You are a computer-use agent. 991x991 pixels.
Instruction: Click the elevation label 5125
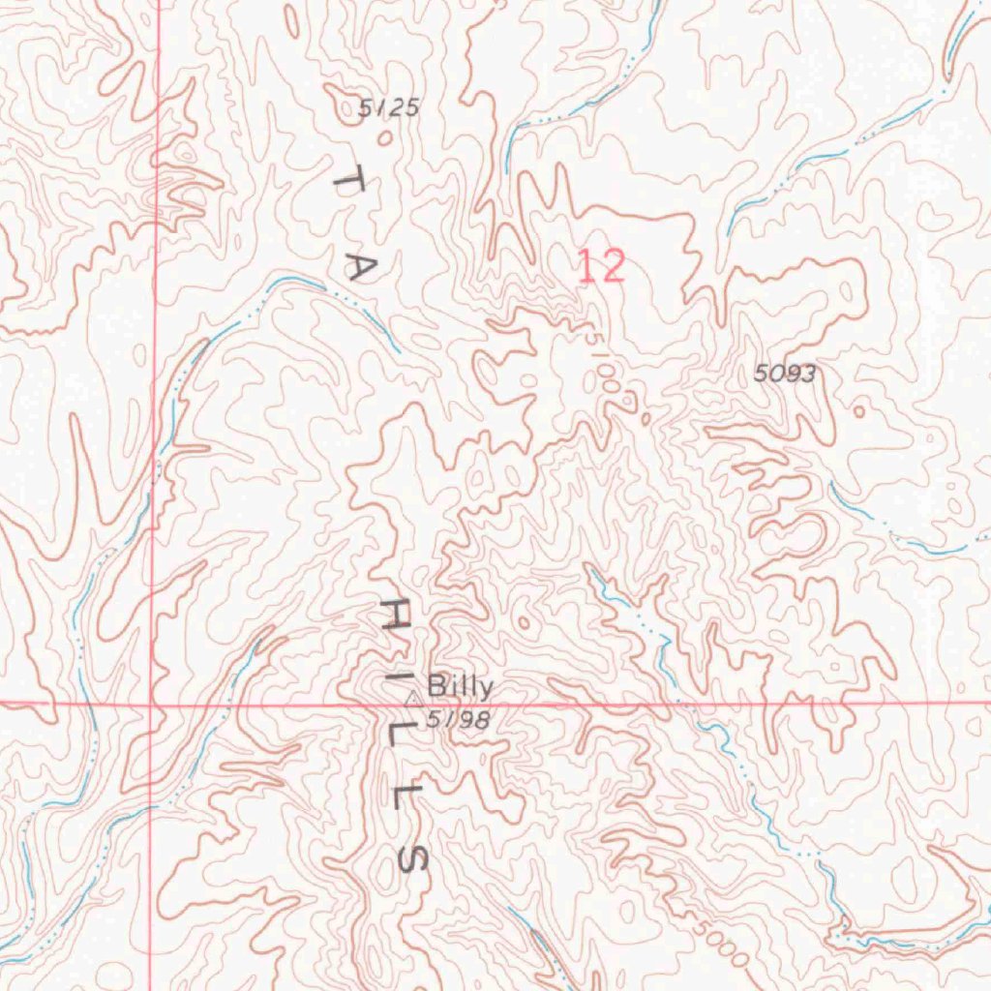coord(389,107)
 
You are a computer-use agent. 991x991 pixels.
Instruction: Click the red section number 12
coord(601,266)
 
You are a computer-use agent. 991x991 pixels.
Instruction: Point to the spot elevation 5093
coord(785,374)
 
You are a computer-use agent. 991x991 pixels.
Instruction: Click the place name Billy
coord(460,687)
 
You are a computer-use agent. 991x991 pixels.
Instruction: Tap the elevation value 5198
coord(458,719)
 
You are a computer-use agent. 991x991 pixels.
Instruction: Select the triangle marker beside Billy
coord(412,697)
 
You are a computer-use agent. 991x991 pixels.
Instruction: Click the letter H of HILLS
coord(393,615)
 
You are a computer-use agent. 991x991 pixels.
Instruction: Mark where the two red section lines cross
coord(152,705)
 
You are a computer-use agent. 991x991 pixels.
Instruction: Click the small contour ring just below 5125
coord(385,138)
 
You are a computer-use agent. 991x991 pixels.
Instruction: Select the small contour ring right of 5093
coord(858,411)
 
